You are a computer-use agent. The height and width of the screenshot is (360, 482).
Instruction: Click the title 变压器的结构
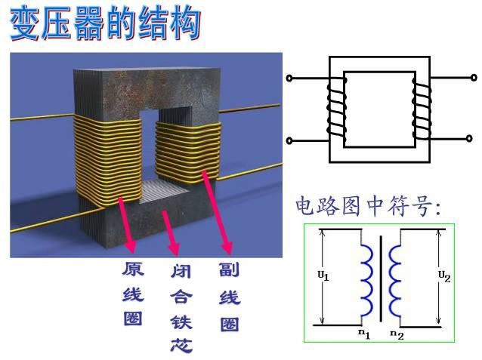coord(105,24)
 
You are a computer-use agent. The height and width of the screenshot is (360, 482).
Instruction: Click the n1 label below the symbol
coord(363,332)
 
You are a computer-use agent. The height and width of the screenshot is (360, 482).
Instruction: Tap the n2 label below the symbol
coord(397,333)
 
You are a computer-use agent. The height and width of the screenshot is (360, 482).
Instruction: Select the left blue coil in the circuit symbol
coord(366,280)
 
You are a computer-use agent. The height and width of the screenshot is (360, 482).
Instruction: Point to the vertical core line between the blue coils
coord(382,279)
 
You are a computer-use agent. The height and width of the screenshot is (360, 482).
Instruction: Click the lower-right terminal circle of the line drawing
coord(474,139)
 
